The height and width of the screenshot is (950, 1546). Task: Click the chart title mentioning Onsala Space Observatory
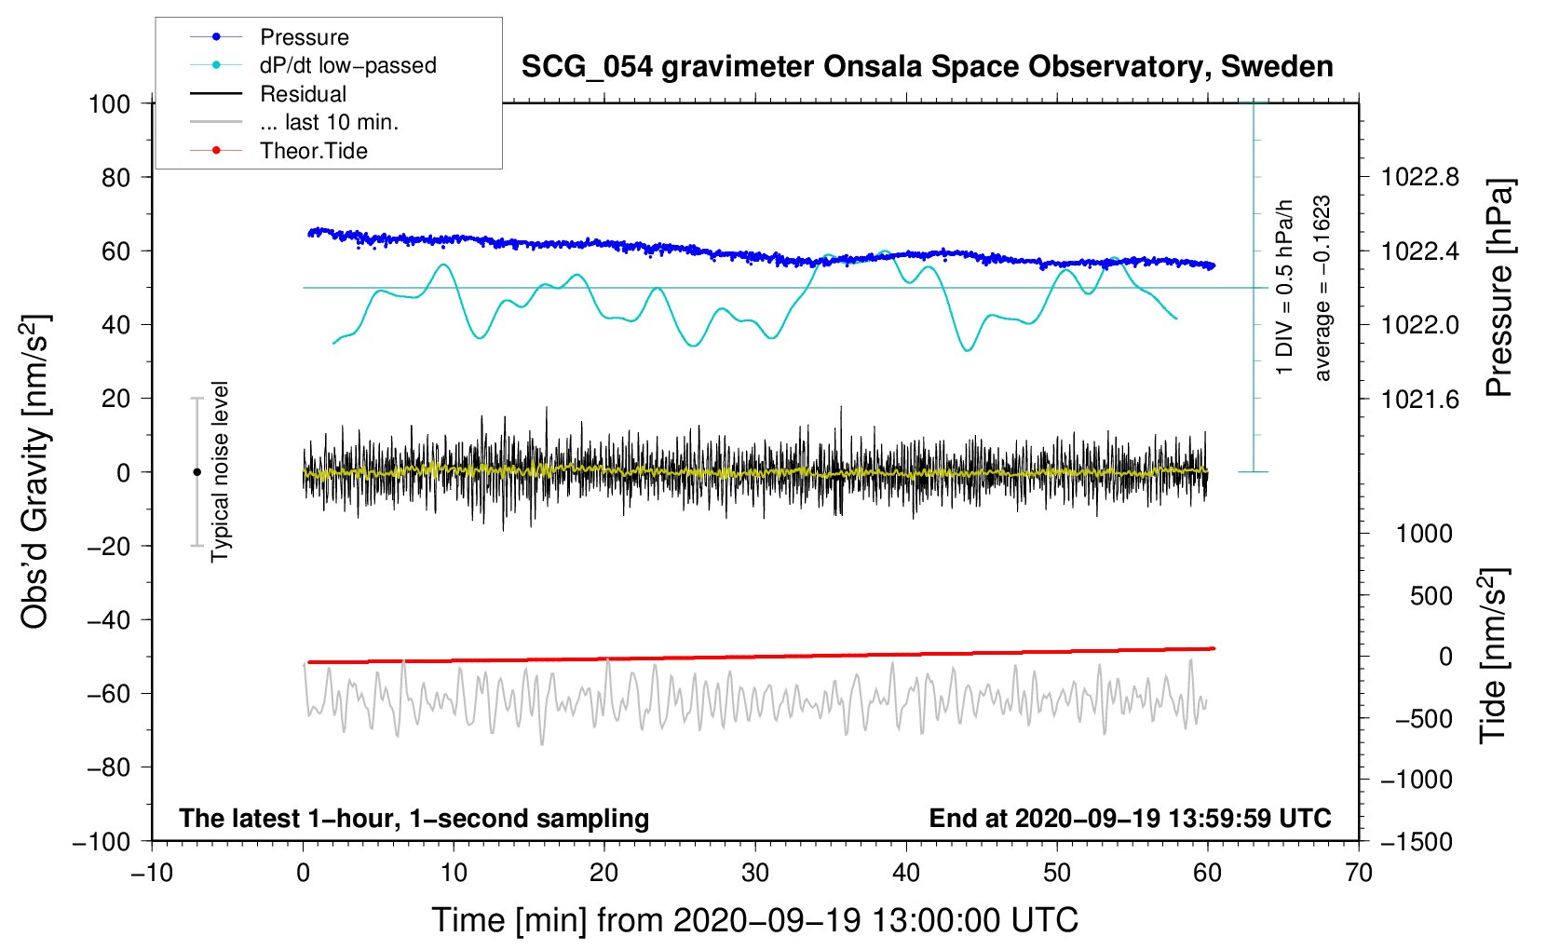(x=927, y=67)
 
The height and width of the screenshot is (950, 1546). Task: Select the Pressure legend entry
(x=304, y=37)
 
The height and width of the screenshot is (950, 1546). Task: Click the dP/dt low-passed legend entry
(x=347, y=65)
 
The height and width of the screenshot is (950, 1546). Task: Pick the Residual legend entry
(x=303, y=94)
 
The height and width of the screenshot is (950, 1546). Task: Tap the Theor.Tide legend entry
(x=313, y=151)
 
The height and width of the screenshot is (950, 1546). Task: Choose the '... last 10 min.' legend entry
(x=329, y=122)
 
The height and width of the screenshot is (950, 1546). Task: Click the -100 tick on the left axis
(x=102, y=841)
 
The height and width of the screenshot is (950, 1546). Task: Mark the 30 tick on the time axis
(x=755, y=873)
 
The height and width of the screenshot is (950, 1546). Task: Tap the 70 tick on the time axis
(x=1359, y=873)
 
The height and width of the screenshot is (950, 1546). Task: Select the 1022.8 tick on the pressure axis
(x=1420, y=177)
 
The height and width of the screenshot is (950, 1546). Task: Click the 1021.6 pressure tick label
(x=1420, y=400)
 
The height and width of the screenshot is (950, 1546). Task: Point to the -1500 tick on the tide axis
(x=1416, y=841)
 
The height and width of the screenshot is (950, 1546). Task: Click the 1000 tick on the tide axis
(x=1424, y=534)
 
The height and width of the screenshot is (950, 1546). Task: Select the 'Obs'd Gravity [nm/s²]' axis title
(x=35, y=472)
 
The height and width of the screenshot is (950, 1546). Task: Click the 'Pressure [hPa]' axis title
(x=1499, y=288)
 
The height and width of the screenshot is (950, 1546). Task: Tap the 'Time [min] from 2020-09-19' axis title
(x=755, y=920)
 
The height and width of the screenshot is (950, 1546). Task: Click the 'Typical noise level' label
(x=220, y=471)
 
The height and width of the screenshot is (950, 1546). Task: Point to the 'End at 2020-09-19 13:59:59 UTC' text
(x=1130, y=818)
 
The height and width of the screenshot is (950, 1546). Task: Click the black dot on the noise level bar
(x=197, y=472)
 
